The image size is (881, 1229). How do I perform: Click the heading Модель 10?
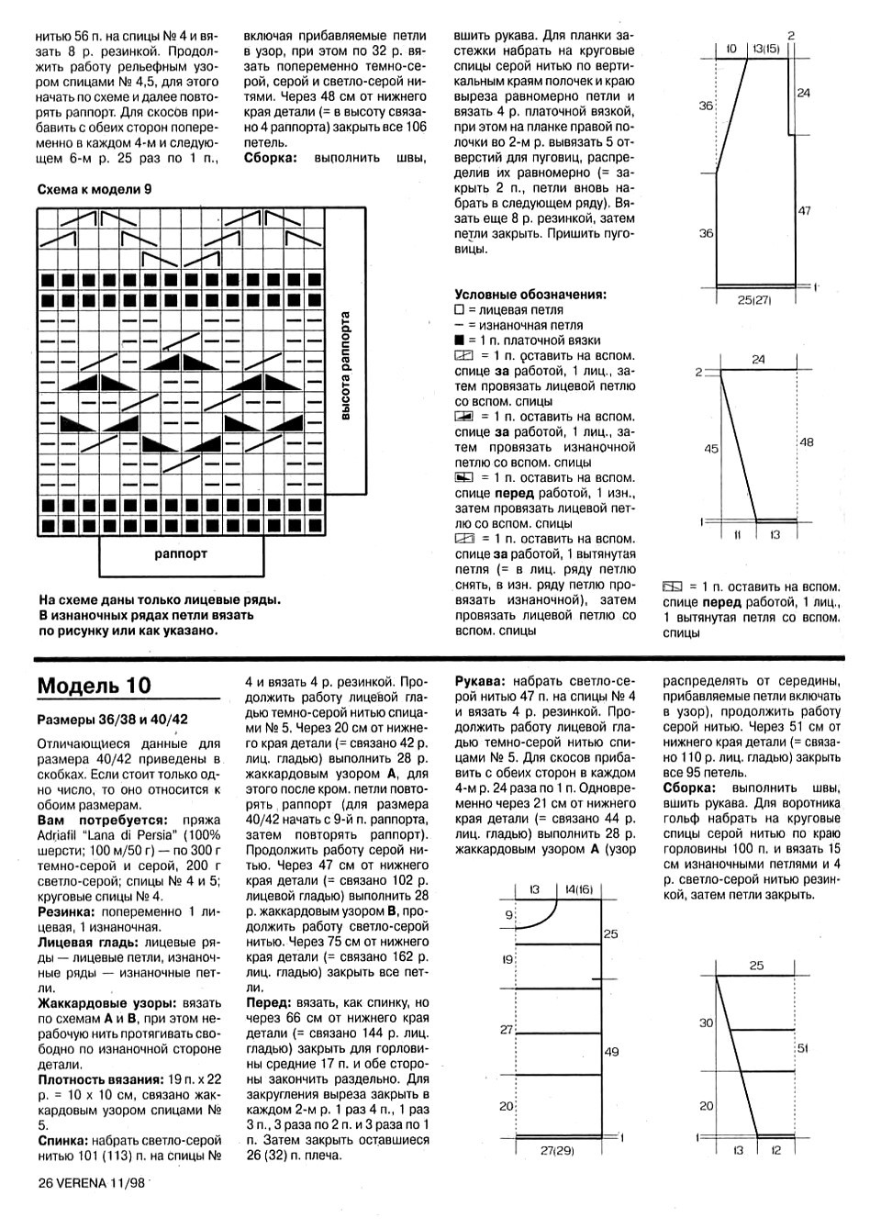tap(95, 686)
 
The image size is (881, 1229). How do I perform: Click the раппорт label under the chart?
tap(181, 553)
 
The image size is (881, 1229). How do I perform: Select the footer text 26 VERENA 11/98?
tap(92, 1183)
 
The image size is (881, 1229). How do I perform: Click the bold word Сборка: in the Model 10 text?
tap(689, 788)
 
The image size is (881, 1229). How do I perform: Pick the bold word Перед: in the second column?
tap(268, 1003)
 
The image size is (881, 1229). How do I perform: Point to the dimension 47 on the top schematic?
tap(804, 211)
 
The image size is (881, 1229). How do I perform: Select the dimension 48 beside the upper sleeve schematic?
tap(807, 441)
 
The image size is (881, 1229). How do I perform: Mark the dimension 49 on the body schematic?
tap(612, 1052)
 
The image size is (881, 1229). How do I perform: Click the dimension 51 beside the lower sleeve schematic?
tap(803, 1047)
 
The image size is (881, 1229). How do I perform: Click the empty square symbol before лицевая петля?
tap(460, 310)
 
